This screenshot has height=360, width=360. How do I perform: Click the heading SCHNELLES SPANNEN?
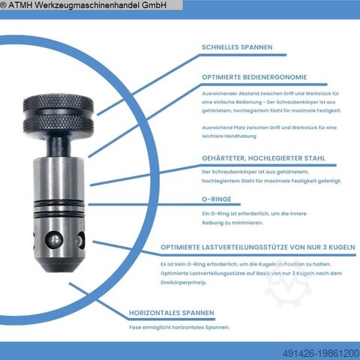pos(237,47)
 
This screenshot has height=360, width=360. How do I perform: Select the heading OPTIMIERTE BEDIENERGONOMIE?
pos(254,77)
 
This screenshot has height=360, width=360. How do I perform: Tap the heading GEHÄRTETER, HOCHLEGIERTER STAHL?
pos(263,158)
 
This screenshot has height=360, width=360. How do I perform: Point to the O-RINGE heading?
pos(217,199)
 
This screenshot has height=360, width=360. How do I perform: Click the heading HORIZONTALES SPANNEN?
pos(172,313)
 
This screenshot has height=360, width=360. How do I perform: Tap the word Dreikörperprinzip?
pos(184,283)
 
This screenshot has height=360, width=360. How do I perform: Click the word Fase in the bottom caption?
pos(135,327)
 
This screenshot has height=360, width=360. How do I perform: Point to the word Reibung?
pos(212,223)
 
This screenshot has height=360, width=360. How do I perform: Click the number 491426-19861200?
pos(321,353)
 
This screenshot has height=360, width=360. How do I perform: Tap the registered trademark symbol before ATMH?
pos(3,5)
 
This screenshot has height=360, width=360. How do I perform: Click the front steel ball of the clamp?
pos(54,240)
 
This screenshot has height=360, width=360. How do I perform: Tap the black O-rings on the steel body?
pos(59,207)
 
